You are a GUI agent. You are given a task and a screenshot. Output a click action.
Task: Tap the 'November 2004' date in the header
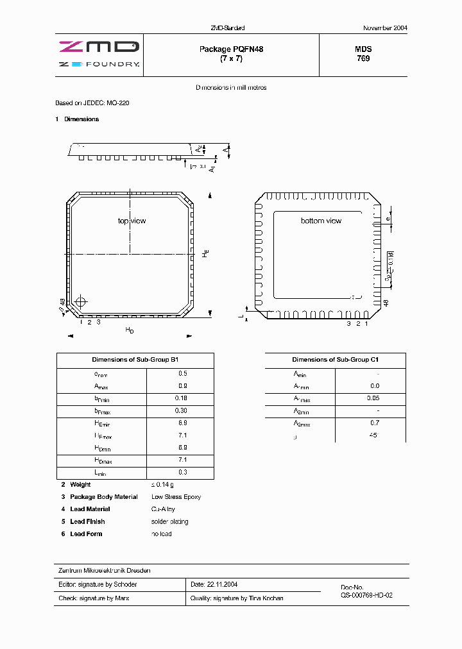385,28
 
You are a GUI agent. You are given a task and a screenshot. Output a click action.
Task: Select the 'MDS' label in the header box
363,49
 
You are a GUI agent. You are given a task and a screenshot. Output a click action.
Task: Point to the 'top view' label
132,221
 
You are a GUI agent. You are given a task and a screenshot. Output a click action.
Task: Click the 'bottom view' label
321,221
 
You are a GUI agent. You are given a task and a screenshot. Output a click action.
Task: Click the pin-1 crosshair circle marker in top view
80,302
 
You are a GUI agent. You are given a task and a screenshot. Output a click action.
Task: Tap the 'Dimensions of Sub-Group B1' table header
135,360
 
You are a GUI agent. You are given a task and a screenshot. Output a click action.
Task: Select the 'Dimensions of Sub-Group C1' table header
336,360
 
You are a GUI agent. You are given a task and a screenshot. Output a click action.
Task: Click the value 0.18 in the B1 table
183,398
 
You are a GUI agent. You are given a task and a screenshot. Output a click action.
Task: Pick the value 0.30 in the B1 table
183,410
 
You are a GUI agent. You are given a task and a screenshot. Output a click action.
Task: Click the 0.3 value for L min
183,472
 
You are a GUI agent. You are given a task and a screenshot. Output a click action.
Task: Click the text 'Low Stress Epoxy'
176,497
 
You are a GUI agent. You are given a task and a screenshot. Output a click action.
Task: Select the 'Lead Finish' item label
87,521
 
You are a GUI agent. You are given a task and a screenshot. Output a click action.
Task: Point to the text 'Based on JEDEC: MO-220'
93,103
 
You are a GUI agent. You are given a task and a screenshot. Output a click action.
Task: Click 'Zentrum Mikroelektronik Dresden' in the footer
105,570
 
